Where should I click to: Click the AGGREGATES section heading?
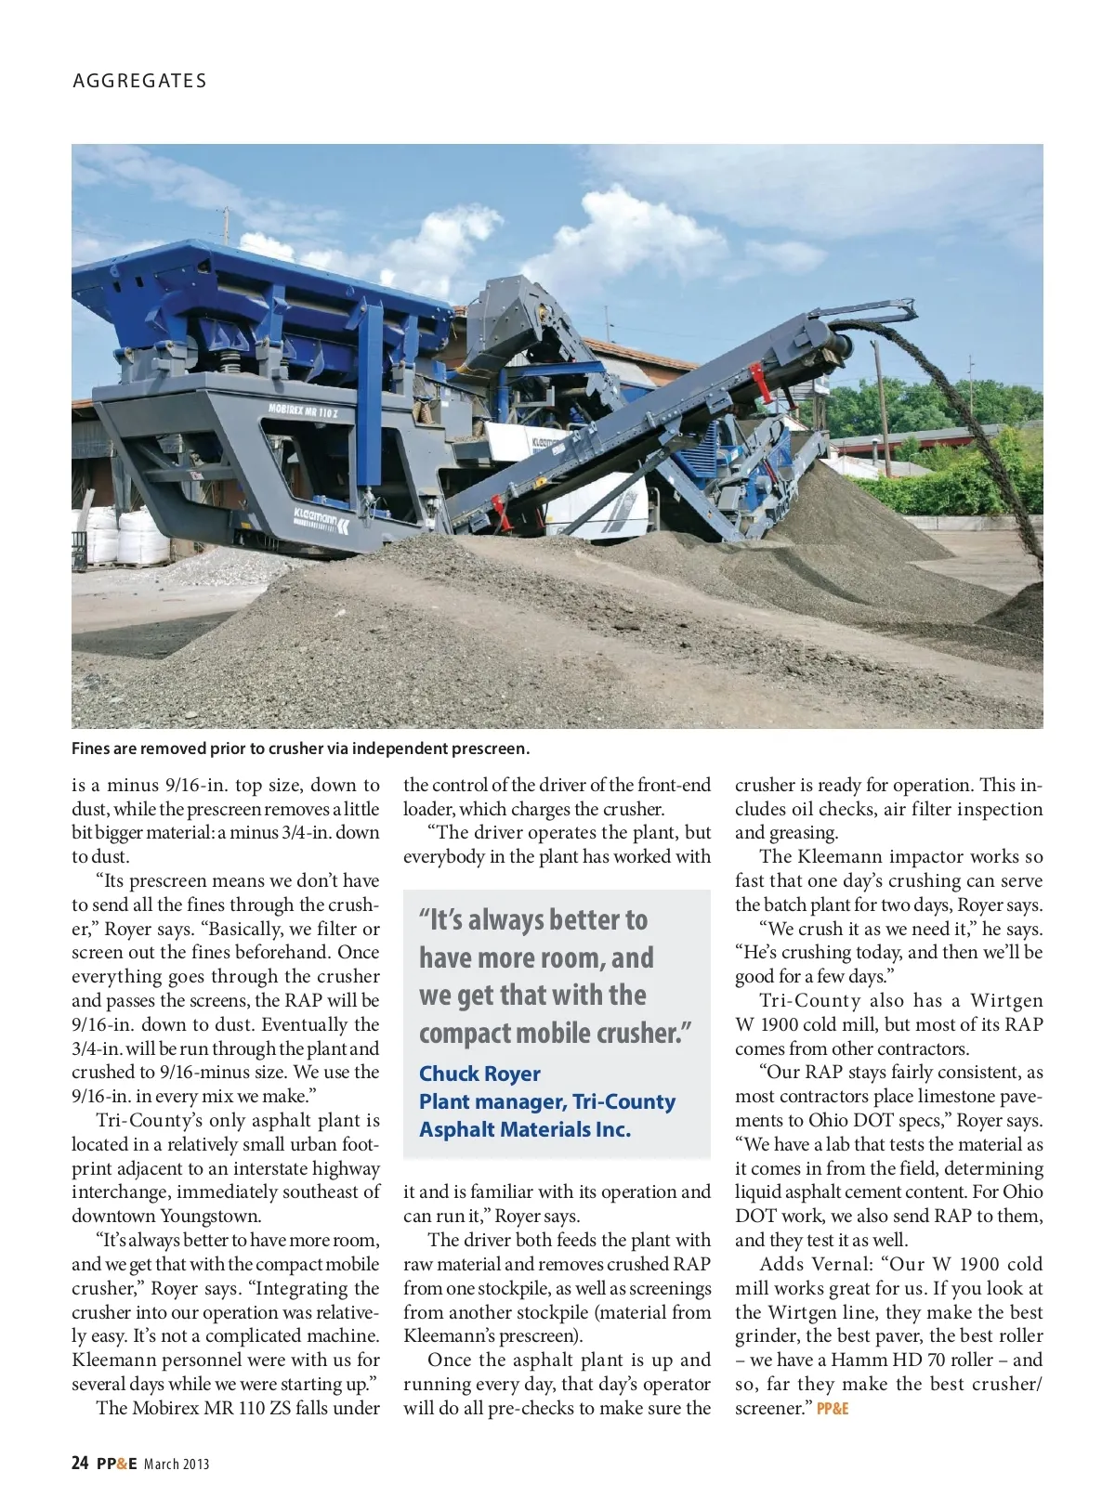(x=139, y=81)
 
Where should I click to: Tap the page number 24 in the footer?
(x=80, y=1464)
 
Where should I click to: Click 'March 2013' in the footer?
(x=177, y=1464)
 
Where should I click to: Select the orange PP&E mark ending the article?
(x=833, y=1409)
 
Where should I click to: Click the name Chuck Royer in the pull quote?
(x=479, y=1074)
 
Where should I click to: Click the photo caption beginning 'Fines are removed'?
(x=300, y=748)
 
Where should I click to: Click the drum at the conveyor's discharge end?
(x=837, y=347)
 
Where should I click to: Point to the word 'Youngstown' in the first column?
(x=210, y=1217)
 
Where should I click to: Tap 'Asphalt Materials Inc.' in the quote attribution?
(x=525, y=1129)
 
